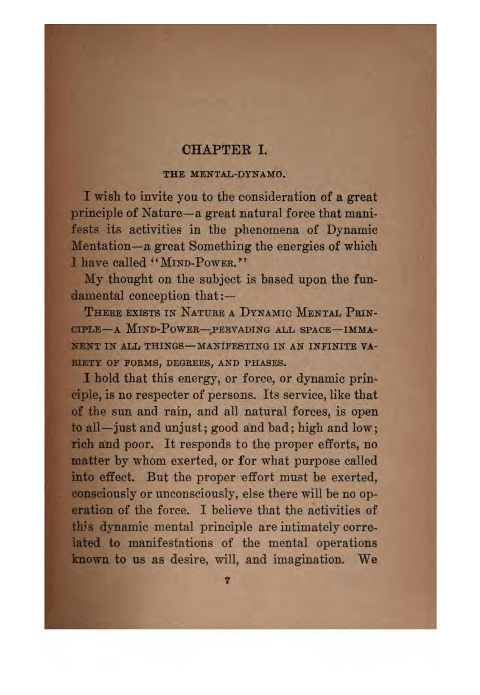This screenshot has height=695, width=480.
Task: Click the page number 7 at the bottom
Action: [x=227, y=581]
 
